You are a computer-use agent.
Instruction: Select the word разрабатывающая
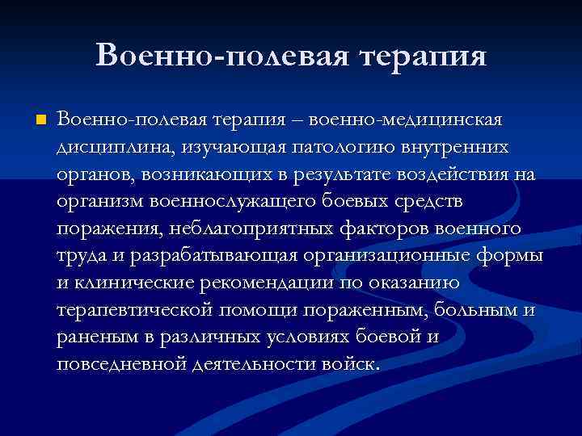(x=207, y=257)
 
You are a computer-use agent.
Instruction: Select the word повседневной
(x=120, y=365)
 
